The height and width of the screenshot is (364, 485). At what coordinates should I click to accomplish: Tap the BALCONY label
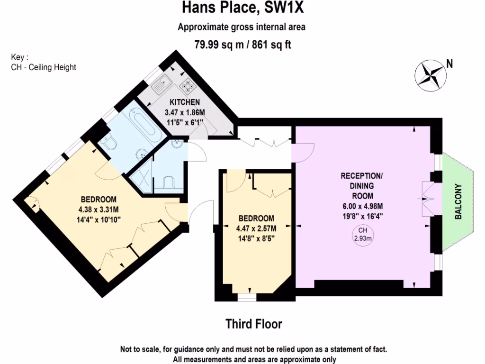coord(458,201)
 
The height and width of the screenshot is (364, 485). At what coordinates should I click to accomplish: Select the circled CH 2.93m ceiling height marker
coord(363,235)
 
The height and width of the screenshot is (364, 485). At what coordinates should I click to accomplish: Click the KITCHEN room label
coord(185,102)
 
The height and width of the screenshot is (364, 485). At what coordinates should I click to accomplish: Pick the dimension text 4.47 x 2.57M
coord(256,228)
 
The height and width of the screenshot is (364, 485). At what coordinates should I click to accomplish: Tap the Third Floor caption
coord(253,324)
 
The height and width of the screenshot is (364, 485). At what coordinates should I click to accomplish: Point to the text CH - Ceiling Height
coord(44,67)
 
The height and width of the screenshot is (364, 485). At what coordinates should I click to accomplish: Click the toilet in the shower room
coord(169,182)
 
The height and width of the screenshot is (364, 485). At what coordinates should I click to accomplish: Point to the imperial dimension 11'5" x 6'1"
coord(185,120)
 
